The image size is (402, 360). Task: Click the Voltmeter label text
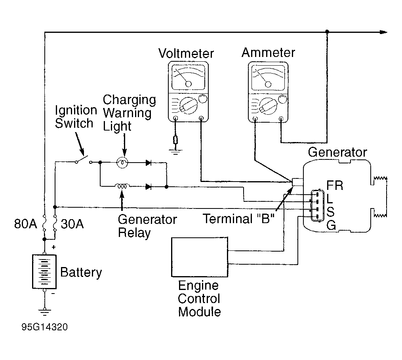(x=186, y=53)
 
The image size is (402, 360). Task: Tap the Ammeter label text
(x=268, y=53)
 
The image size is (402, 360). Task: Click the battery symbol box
(x=44, y=272)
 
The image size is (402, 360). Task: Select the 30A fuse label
(x=72, y=224)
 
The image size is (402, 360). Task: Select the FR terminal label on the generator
(x=335, y=186)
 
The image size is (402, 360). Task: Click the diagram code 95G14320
(x=44, y=328)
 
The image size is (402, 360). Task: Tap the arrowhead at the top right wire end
(x=383, y=32)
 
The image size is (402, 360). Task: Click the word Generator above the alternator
(x=337, y=152)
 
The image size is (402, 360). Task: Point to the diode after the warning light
(x=148, y=162)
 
